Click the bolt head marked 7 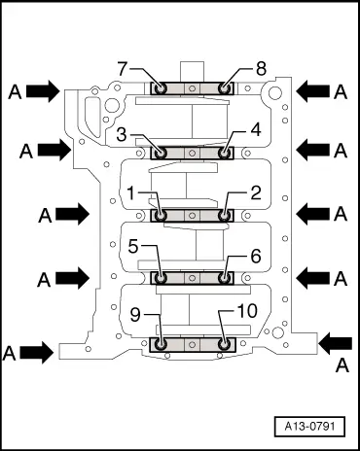162,89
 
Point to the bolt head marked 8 225,89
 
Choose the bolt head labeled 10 225,343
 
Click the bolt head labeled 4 225,153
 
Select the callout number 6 255,259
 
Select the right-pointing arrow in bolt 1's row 70,212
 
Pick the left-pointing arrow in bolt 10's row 337,341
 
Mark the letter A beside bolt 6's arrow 340,279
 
